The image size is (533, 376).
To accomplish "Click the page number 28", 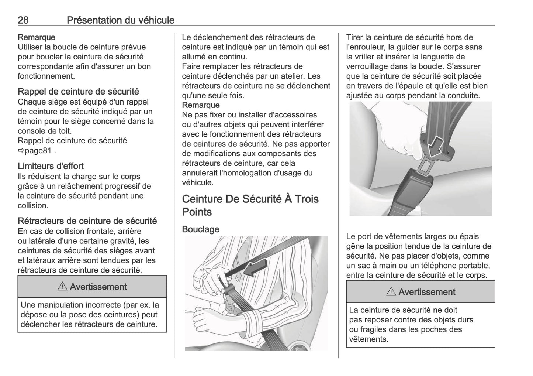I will point(23,20).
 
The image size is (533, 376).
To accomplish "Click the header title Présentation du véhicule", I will point(120,20).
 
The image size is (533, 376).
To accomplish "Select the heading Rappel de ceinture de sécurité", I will point(78,92).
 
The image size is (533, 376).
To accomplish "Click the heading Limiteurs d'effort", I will point(51,166).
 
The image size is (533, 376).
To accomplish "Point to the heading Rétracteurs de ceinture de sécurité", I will point(87,221).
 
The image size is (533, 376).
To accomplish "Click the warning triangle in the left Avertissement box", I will point(62,287).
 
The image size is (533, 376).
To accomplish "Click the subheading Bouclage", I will point(200,229).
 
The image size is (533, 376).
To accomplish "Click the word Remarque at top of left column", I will point(36,37).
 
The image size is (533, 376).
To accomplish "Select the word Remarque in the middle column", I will point(201,105).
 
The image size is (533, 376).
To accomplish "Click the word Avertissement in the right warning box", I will point(427,292).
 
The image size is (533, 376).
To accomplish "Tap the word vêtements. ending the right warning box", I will point(368,339).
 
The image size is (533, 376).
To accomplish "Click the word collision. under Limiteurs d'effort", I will point(33,205).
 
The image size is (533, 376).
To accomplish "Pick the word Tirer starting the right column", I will point(354,37).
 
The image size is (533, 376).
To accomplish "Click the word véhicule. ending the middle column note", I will point(198,182).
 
